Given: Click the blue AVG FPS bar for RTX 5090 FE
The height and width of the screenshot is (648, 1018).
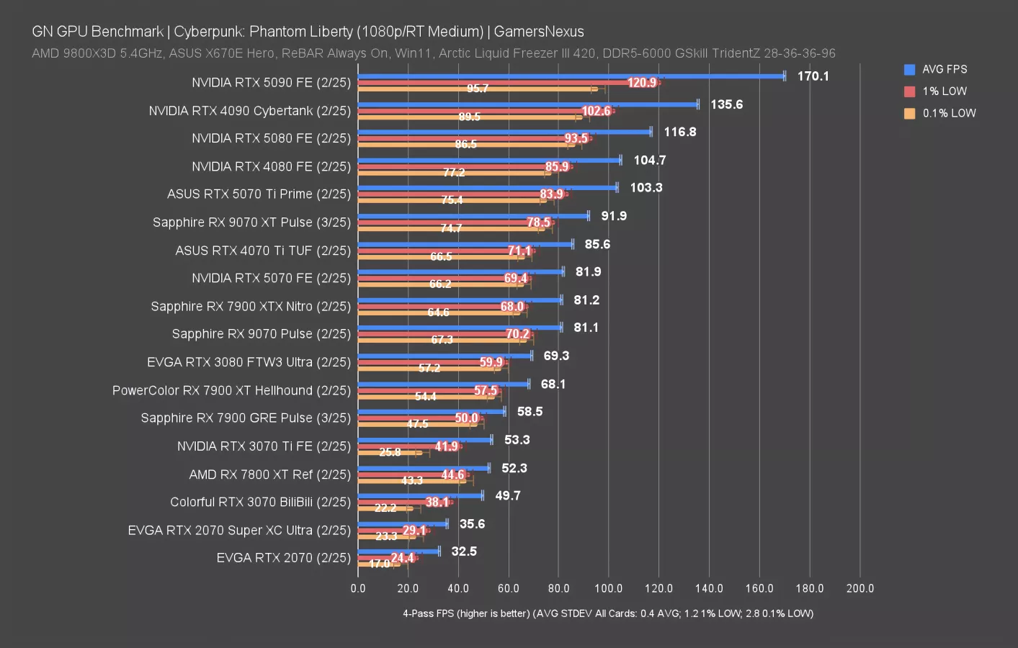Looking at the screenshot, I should (x=571, y=76).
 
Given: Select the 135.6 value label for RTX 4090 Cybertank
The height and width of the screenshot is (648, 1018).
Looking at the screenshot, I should (x=726, y=104).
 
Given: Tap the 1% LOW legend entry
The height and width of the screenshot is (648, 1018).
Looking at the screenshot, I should (x=944, y=91).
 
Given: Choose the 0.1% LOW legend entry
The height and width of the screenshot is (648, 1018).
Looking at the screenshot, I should (x=949, y=113).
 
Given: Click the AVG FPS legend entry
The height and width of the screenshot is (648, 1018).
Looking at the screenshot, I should (x=944, y=69).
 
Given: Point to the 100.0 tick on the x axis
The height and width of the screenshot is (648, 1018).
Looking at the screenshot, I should (x=608, y=588).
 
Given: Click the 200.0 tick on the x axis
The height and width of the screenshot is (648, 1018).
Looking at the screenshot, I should (x=860, y=588).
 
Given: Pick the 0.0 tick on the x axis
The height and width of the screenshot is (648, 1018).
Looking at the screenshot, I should (x=358, y=588).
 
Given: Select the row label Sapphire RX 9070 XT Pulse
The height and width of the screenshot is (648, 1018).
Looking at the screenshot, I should (x=251, y=222).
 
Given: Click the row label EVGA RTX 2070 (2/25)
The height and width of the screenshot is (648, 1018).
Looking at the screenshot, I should (x=283, y=558).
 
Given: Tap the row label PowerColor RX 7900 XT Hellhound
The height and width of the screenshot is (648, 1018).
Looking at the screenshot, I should (x=231, y=390).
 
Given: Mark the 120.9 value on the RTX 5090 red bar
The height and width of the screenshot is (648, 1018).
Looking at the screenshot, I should (x=641, y=83).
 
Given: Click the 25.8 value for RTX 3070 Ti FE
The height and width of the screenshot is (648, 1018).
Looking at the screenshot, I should (x=390, y=452).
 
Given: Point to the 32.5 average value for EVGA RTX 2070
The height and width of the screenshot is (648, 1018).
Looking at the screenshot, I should (x=464, y=552).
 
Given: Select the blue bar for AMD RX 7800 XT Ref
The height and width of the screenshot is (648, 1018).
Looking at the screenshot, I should (x=424, y=468).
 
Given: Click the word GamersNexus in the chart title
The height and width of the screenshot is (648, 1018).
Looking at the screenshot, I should (x=539, y=32).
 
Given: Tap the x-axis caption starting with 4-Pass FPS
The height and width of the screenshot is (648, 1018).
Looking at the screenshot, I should (x=607, y=613).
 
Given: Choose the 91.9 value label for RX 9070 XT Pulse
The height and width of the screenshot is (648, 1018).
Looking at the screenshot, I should (x=614, y=216).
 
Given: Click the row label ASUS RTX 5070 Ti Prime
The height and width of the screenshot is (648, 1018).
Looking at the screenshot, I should (x=259, y=194).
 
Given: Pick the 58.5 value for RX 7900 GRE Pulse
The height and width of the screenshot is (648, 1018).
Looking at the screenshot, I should (x=530, y=412).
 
